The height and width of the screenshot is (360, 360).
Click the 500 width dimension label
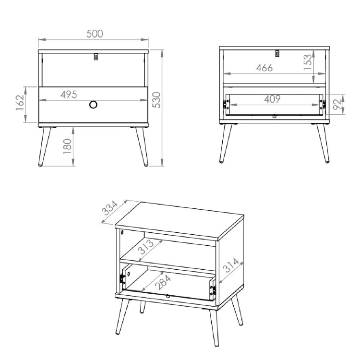click(95, 34)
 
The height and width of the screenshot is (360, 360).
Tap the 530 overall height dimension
click(156, 100)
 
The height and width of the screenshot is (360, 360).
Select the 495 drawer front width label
click(69, 95)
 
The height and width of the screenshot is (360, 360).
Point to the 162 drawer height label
click(20, 102)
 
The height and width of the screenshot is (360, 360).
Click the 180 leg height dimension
click(68, 146)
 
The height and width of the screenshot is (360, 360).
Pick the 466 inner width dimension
click(264, 68)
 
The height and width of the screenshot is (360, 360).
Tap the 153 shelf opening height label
click(308, 62)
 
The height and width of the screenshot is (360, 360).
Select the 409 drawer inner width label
click(272, 99)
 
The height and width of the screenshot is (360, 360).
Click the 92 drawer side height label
click(337, 105)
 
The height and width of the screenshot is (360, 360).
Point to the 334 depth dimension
click(110, 208)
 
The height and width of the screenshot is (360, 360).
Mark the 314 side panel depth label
click(231, 265)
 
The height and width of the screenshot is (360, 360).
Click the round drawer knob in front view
click(93, 105)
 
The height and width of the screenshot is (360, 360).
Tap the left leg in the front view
click(45, 146)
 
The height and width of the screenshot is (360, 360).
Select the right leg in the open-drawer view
click(323, 144)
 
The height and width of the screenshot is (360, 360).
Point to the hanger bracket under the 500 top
click(96, 57)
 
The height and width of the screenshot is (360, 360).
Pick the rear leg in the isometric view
click(143, 307)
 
